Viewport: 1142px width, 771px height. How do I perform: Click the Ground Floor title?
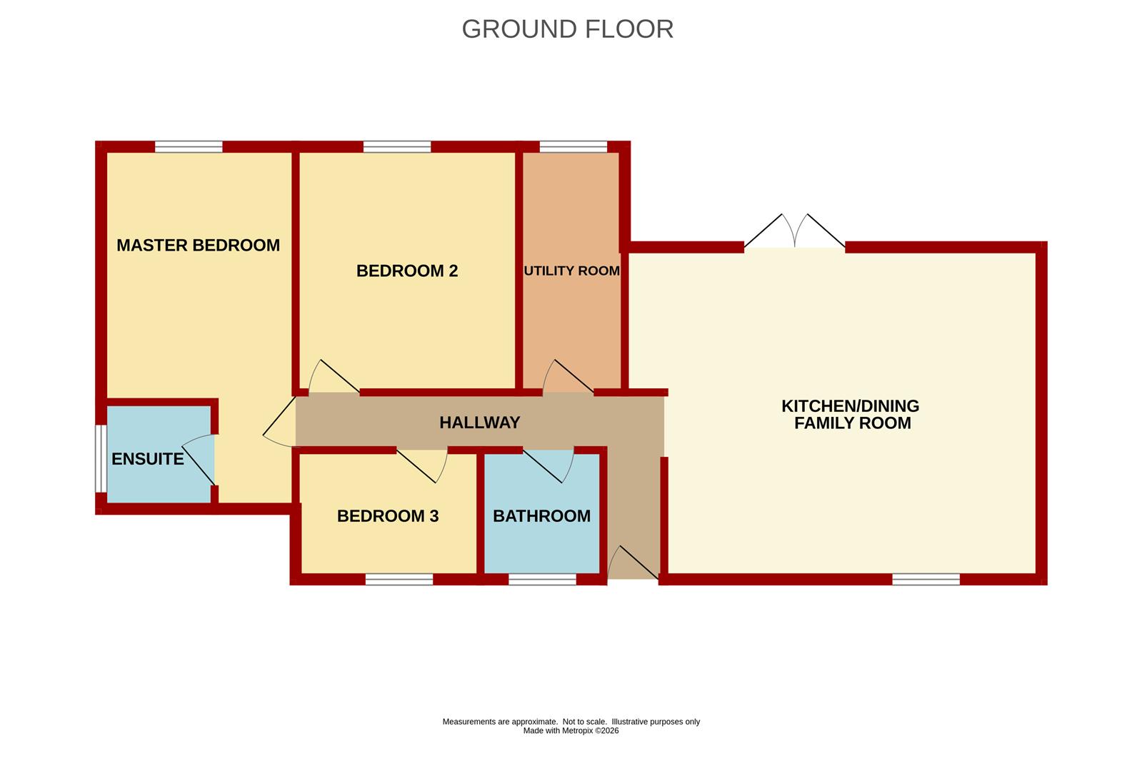pos(568,29)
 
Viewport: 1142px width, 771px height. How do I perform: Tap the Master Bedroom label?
pos(199,245)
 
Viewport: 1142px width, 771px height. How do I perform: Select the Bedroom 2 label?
pos(407,271)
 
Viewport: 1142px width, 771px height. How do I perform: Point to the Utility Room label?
pos(572,271)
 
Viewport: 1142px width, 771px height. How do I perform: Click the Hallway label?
pos(480,423)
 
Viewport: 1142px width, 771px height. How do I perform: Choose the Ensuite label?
pos(147,459)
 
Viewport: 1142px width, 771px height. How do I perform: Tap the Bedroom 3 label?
pos(388,516)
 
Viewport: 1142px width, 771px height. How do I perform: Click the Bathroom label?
pos(542,516)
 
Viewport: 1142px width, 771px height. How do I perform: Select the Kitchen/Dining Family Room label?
pos(851,414)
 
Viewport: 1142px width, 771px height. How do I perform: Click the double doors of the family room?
pos(794,232)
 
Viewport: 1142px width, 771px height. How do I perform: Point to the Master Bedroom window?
pos(189,147)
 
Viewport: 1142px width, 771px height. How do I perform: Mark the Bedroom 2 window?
pos(397,147)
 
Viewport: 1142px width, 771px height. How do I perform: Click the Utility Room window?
pos(573,147)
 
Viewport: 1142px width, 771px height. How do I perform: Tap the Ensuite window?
pos(101,458)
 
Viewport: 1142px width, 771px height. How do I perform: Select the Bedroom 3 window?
pos(399,580)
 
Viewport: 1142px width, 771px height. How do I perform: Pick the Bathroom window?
pos(543,580)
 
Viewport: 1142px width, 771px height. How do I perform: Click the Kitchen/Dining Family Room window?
pos(926,580)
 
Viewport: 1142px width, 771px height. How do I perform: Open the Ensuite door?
pos(199,460)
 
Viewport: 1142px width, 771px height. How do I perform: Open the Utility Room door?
pos(568,377)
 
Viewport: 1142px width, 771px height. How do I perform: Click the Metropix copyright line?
pos(571,730)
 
